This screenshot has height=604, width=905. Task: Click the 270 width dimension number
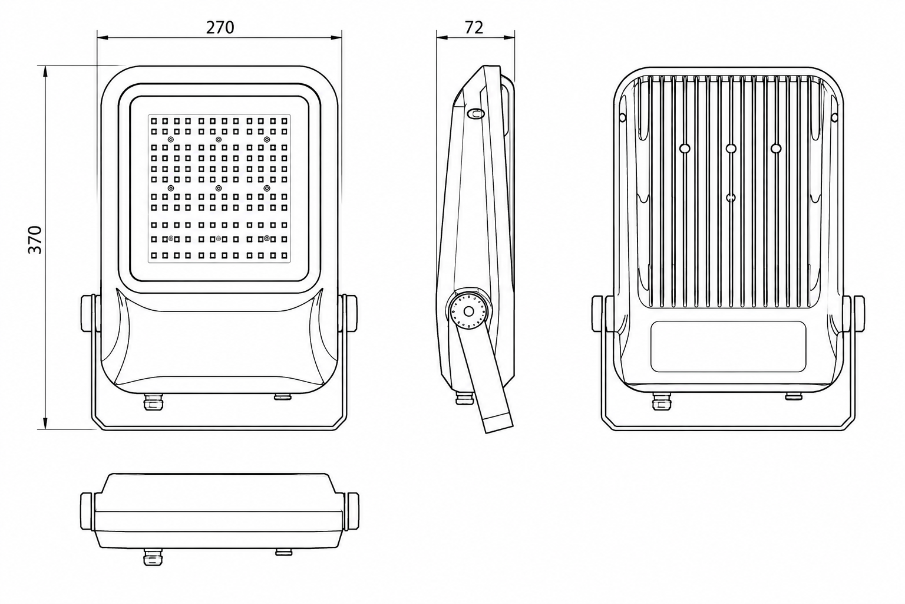[x=220, y=27]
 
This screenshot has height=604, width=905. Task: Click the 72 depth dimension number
[x=474, y=27]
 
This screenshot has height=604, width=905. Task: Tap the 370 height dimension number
[x=35, y=240]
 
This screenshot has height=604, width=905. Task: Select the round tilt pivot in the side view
[x=468, y=311]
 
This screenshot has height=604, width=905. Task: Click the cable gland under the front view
[x=154, y=402]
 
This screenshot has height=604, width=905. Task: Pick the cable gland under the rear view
[x=662, y=402]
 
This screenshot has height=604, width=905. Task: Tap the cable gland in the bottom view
[x=153, y=557]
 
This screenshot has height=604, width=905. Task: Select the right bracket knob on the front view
[x=351, y=314]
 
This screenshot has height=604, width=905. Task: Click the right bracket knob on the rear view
[x=857, y=314]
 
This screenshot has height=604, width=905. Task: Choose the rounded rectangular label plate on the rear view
[x=728, y=346]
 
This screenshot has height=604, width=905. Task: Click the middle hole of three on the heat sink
[x=731, y=149]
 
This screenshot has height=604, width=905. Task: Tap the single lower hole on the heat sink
[x=731, y=198]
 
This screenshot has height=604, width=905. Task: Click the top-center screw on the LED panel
[x=219, y=140]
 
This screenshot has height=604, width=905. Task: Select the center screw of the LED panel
[x=219, y=188]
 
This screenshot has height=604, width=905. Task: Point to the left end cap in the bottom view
[x=88, y=511]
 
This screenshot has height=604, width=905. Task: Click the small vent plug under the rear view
[x=794, y=396]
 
